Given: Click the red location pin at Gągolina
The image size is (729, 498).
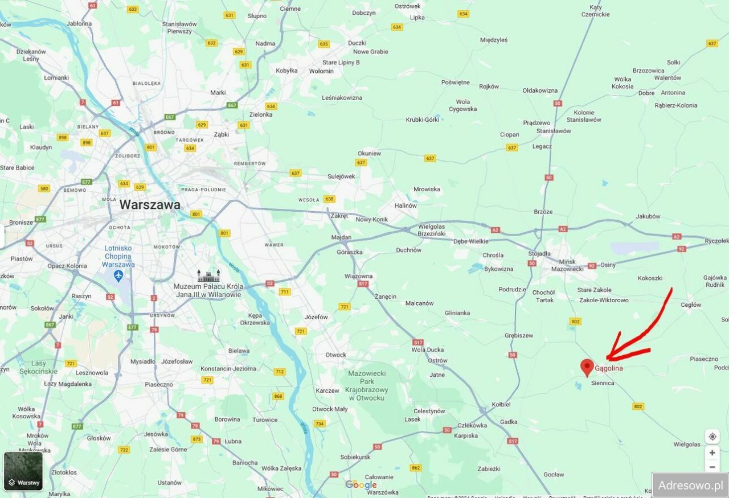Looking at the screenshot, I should coord(587,367).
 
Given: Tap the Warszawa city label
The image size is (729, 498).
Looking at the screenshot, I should coord(150,205).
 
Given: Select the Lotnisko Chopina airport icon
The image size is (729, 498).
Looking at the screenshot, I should coord(118,276).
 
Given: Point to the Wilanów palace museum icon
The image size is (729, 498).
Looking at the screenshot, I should coord(208,275).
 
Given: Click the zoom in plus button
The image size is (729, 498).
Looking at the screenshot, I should coord(712,453).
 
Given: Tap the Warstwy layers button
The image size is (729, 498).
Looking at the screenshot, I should coord(23,471).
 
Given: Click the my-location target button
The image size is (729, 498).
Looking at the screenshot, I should coord(712,437).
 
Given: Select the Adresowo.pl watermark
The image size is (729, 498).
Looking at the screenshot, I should coord(690,485).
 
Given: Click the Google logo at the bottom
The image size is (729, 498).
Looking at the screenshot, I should coord(361,485).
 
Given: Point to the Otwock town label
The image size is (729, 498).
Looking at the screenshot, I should coord(335,355).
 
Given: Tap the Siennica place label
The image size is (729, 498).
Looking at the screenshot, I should coord(603,383).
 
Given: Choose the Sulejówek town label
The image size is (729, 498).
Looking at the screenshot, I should coord(341,176).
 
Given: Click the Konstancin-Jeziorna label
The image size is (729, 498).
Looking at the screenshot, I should coord(228,369).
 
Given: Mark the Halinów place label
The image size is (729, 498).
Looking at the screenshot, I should coord(406,205).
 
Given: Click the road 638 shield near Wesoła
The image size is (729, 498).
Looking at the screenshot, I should coord(329,199).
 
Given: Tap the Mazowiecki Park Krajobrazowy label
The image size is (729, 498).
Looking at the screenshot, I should coord(366,385).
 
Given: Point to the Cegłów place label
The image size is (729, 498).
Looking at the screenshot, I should coord(691,304).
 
